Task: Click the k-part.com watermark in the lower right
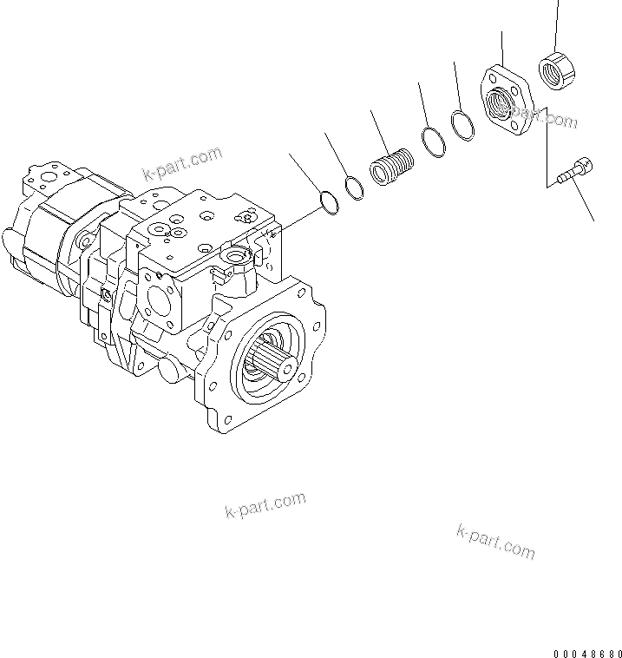(494, 540)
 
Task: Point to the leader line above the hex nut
(556, 26)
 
